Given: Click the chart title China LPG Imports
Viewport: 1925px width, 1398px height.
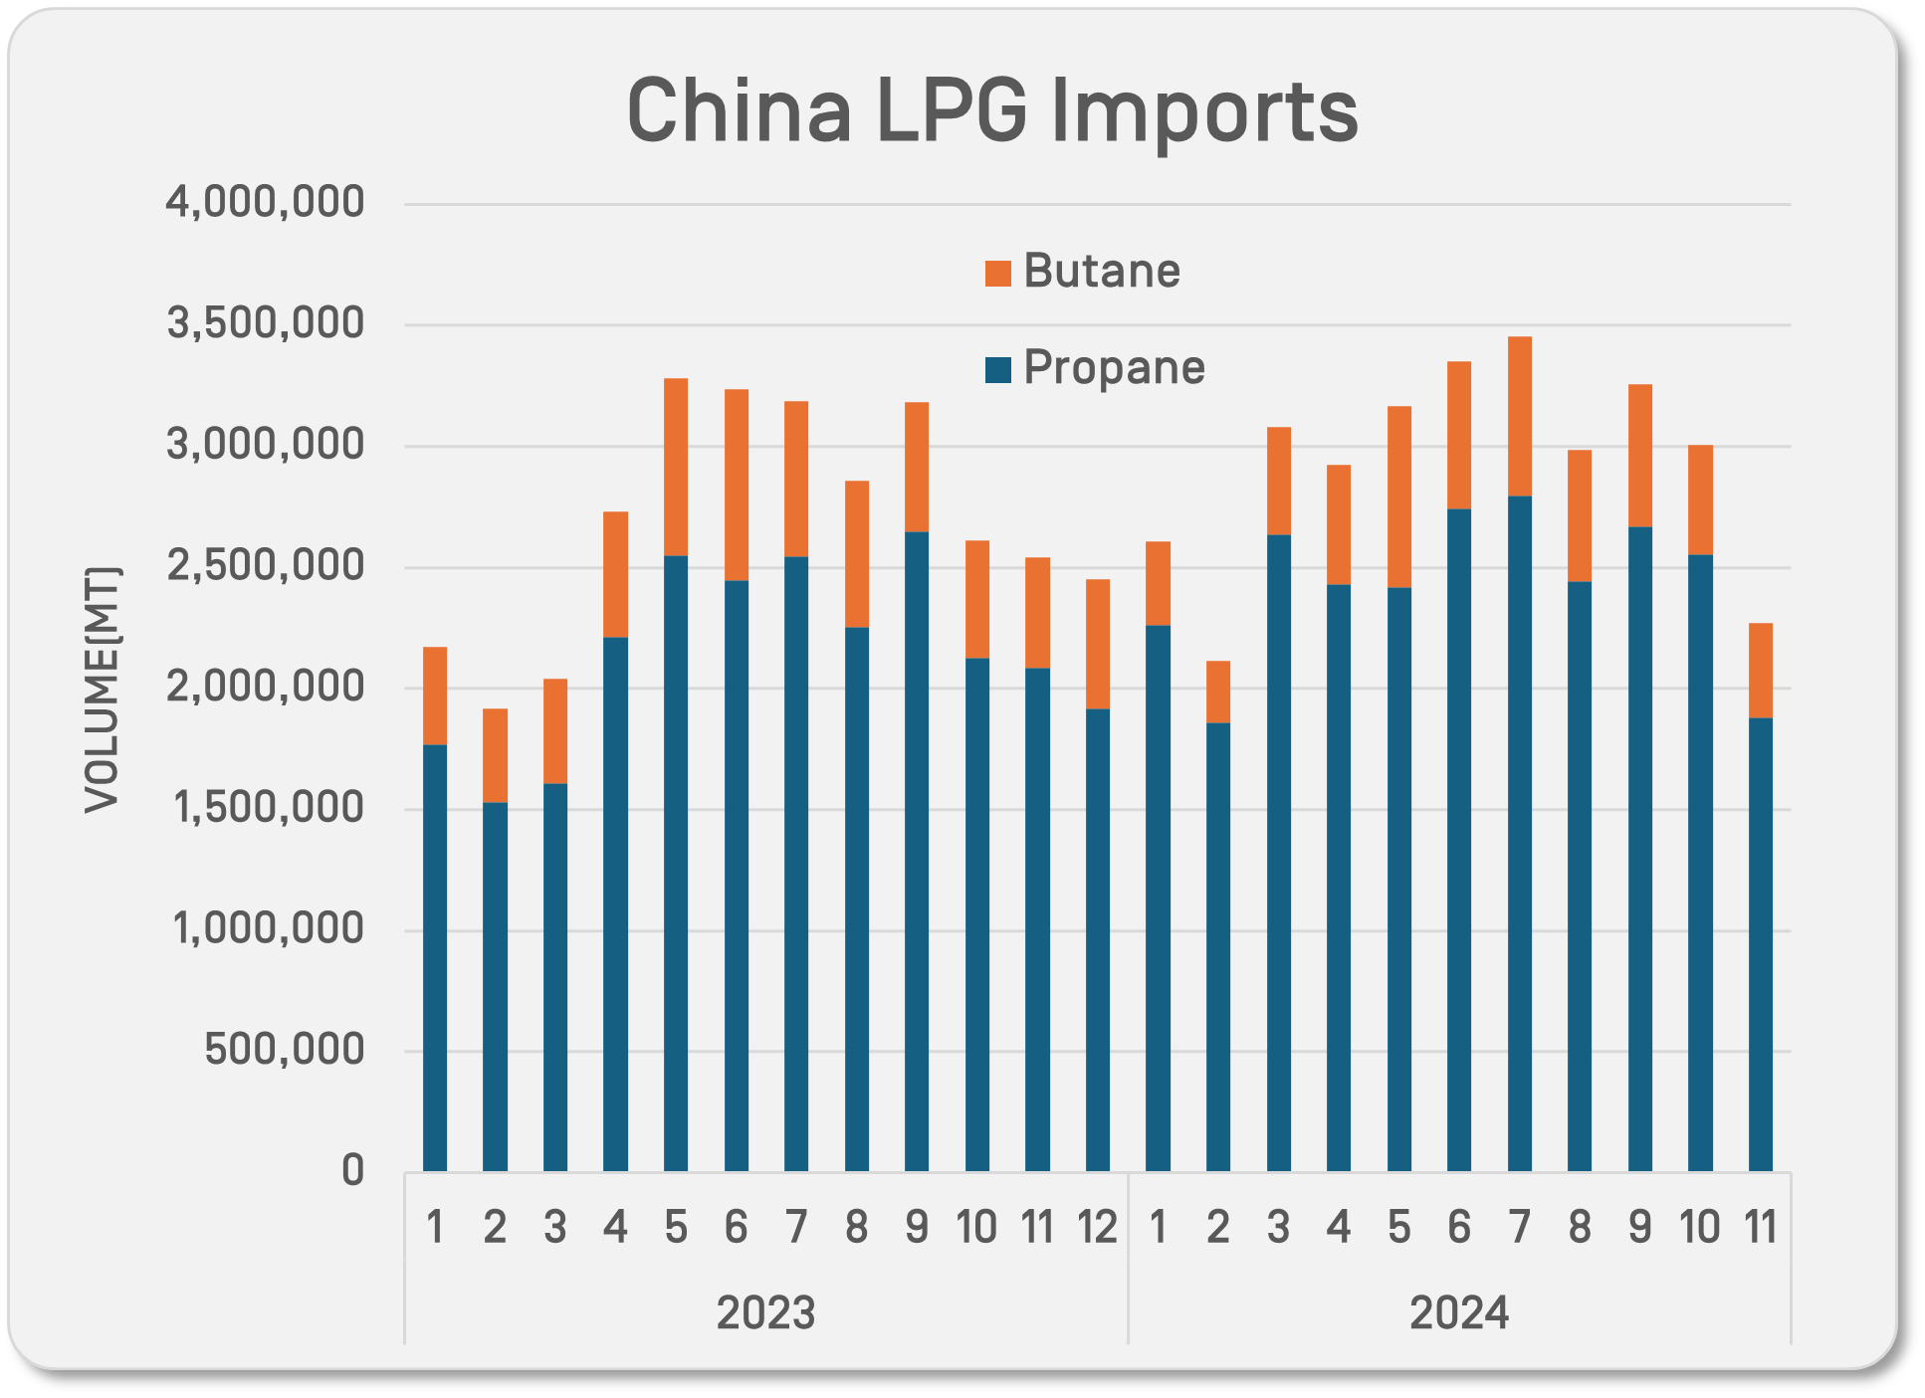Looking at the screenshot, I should click(991, 110).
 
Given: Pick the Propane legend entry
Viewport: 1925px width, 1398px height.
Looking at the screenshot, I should click(1095, 368).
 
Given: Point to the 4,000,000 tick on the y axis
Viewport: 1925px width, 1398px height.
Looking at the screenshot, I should click(265, 203).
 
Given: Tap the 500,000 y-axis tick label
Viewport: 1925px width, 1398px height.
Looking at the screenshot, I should click(285, 1051).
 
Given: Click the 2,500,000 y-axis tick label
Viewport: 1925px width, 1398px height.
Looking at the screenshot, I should click(265, 566).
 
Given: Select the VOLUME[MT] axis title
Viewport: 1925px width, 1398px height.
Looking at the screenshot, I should click(102, 689).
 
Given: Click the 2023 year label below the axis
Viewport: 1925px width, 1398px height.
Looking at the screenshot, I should click(765, 1313).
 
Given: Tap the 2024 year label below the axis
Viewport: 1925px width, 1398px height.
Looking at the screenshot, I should click(1459, 1313).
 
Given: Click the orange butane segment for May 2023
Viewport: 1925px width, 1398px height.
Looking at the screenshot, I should click(676, 467).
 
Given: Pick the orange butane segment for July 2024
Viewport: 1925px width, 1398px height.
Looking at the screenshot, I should click(1520, 416).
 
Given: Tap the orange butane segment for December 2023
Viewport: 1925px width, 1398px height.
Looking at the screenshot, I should click(1098, 644).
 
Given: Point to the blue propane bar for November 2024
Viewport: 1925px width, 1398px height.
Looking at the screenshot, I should click(1761, 944).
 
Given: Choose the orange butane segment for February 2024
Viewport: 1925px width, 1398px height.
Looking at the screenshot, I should click(1218, 692).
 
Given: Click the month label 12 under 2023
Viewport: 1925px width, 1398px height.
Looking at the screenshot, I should click(1098, 1228).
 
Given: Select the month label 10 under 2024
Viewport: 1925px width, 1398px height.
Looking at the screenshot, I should click(1700, 1228).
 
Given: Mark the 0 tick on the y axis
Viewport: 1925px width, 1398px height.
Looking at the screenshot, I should click(353, 1171).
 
